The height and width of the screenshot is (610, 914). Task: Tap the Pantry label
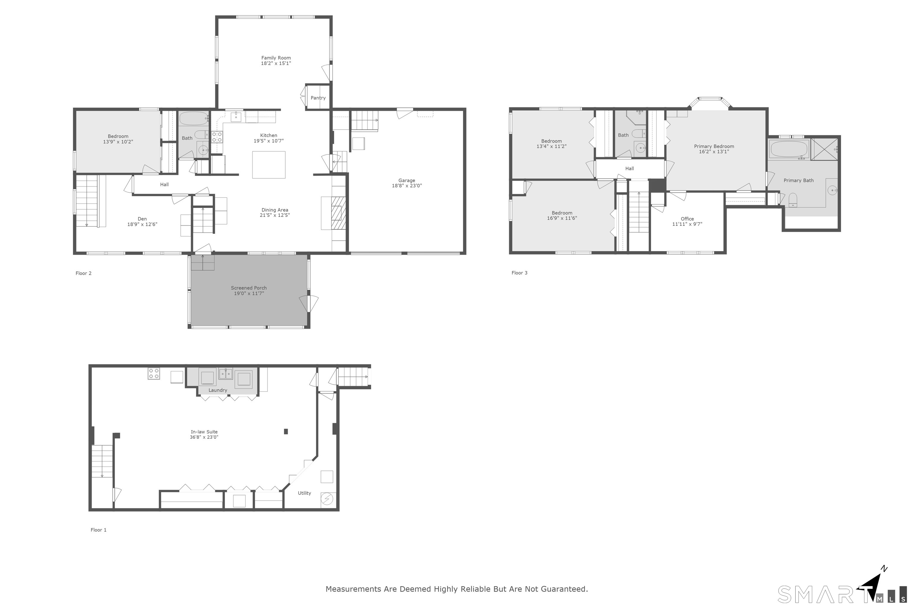[318, 98]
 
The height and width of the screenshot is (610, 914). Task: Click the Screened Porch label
[249, 288]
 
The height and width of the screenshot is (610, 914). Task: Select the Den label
[142, 219]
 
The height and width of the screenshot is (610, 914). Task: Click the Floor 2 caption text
[84, 273]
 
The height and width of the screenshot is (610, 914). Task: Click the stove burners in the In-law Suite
[154, 374]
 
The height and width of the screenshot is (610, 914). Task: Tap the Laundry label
[217, 390]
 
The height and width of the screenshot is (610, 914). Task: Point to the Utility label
[304, 493]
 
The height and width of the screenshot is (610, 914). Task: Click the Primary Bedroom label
[714, 147]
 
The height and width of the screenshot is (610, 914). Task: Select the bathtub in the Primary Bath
[788, 149]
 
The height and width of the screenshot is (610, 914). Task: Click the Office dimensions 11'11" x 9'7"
[687, 224]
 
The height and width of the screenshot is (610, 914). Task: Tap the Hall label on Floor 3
[630, 169]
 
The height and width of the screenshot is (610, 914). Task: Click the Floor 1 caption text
[98, 530]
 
